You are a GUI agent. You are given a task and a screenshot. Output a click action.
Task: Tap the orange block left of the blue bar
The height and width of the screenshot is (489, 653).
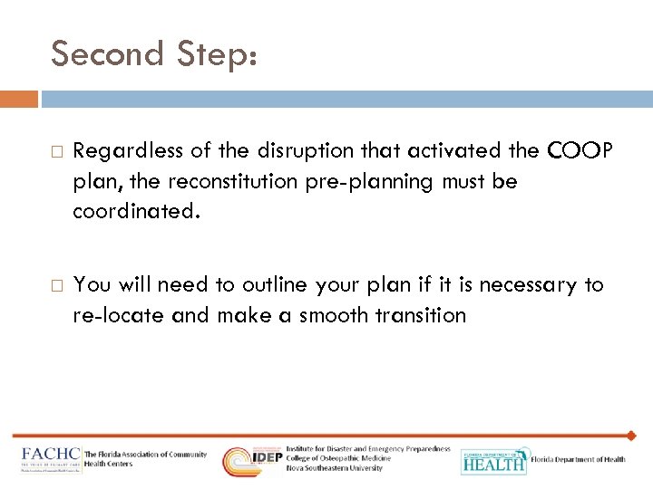(19, 98)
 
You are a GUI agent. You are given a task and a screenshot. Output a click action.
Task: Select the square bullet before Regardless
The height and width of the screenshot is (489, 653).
(54, 150)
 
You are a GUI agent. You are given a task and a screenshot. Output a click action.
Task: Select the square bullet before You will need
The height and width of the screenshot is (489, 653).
(54, 285)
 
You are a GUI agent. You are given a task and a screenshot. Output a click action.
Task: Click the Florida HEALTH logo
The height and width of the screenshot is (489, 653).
(493, 460)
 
